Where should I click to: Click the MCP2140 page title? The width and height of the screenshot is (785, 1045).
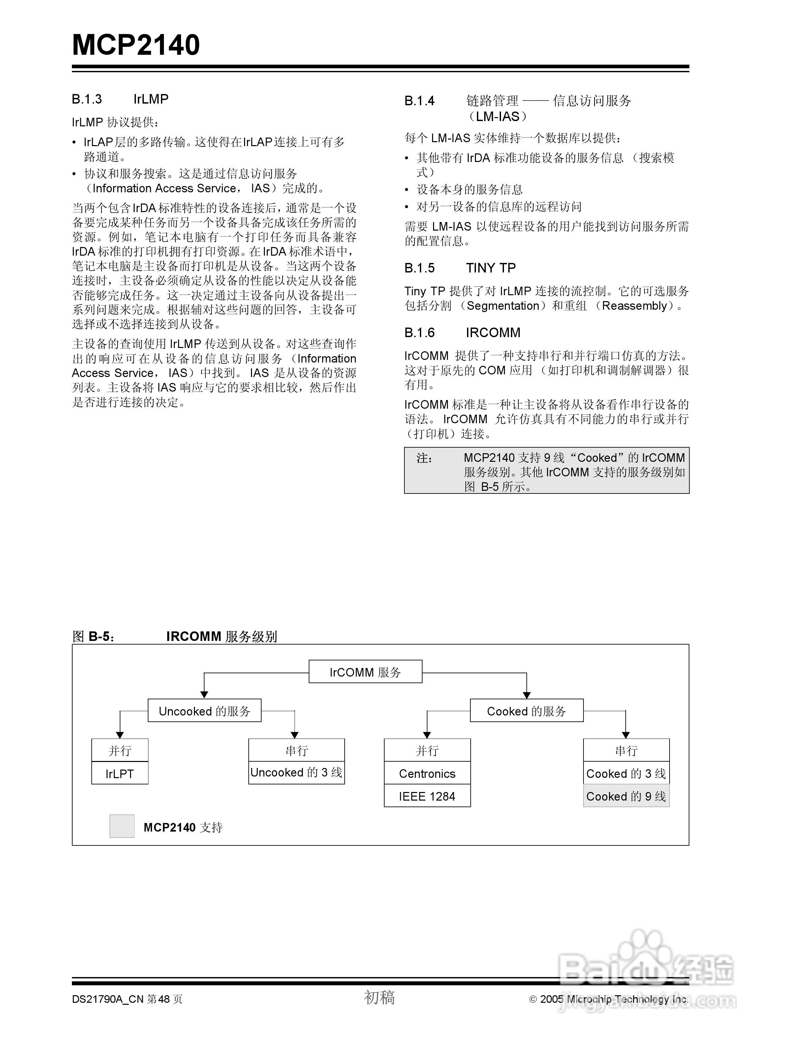(136, 45)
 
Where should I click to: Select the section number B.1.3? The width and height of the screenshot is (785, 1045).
(87, 99)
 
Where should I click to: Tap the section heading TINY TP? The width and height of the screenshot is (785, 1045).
(491, 268)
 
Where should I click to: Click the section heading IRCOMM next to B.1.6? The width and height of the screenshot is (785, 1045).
(493, 332)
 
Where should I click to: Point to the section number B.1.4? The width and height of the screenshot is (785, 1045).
(420, 101)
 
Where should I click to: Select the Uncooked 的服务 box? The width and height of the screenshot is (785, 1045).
(204, 711)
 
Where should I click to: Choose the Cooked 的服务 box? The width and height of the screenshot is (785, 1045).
(526, 711)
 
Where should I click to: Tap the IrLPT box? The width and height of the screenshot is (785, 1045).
(119, 773)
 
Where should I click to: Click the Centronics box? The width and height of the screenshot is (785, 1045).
(427, 773)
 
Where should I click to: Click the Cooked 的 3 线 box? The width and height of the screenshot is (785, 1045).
(626, 773)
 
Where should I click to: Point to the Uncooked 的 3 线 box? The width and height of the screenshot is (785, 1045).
(297, 773)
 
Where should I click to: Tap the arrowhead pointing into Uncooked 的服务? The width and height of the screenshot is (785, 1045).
(204, 694)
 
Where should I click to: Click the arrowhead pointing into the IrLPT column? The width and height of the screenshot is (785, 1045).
(120, 735)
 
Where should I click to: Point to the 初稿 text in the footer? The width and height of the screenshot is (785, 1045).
(379, 997)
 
